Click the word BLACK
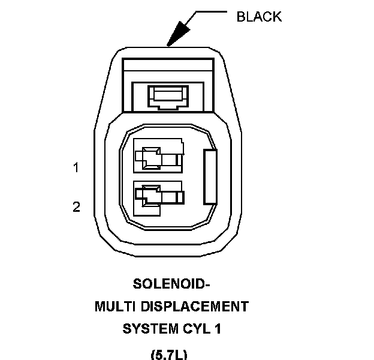[x=259, y=16]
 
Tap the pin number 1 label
[x=76, y=168]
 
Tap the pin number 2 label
[x=76, y=207]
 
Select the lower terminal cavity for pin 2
[x=158, y=197]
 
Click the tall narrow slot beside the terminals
[x=210, y=177]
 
